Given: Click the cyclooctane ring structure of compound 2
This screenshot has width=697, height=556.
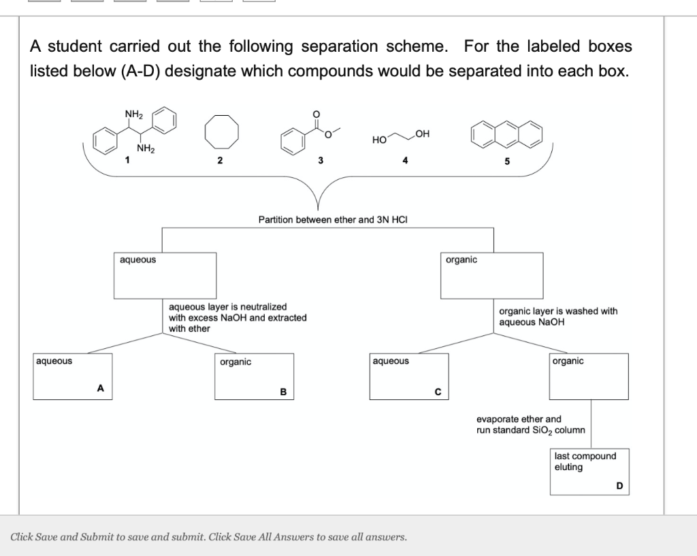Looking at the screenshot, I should (218, 134).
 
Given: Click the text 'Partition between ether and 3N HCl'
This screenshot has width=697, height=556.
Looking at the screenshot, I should (333, 219).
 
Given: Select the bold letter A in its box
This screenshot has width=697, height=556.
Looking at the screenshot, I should (100, 388).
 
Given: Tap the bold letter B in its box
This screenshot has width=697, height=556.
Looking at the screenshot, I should (283, 391).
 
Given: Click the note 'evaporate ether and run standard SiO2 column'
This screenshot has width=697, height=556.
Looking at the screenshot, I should (530, 424).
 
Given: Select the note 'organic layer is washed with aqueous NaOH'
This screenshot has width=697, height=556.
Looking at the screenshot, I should (557, 316).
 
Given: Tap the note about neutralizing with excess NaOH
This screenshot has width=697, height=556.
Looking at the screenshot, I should (237, 318).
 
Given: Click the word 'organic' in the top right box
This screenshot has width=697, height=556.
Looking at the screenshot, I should (461, 260).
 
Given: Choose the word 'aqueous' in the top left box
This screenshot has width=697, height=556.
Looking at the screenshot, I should (137, 260).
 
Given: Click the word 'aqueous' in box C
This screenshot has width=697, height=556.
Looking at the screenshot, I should (391, 360).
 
